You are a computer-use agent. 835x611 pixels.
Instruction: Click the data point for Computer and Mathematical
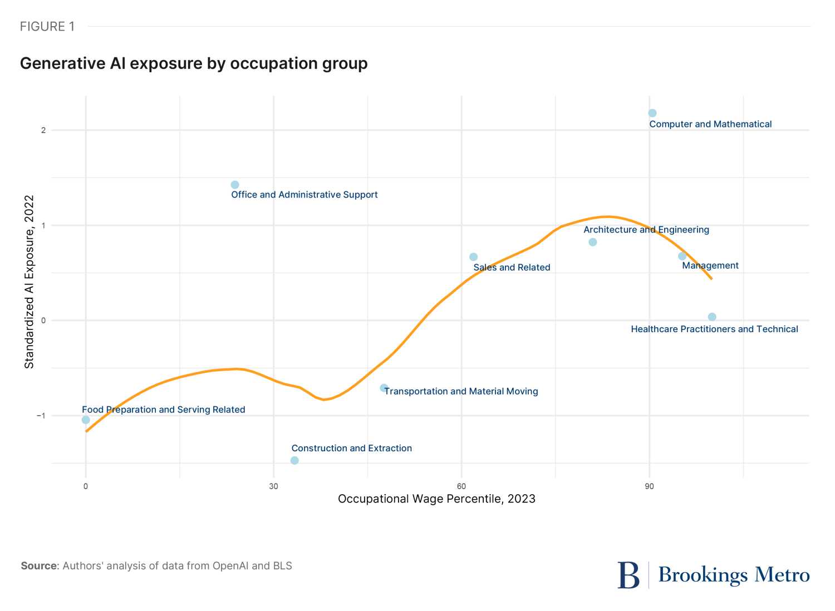pyautogui.click(x=652, y=113)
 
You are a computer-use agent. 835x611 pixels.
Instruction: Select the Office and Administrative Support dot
pyautogui.click(x=235, y=185)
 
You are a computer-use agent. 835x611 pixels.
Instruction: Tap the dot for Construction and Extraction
pyautogui.click(x=294, y=460)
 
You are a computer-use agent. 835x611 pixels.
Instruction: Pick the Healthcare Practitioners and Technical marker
pyautogui.click(x=712, y=317)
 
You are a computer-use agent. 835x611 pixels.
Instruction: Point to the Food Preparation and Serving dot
pyautogui.click(x=86, y=420)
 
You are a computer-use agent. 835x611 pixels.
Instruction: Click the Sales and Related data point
pyautogui.click(x=473, y=257)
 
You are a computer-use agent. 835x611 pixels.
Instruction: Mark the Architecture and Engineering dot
pyautogui.click(x=593, y=242)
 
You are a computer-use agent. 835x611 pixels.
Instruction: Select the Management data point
pyautogui.click(x=682, y=256)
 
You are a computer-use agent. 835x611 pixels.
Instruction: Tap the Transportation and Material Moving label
pyautogui.click(x=461, y=391)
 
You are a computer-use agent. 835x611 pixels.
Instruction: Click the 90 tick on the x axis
pyautogui.click(x=649, y=486)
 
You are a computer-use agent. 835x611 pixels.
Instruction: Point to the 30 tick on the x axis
pyautogui.click(x=273, y=486)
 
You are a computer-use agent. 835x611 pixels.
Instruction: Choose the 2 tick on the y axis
pyautogui.click(x=43, y=130)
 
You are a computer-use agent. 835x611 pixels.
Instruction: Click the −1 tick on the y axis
pyautogui.click(x=41, y=416)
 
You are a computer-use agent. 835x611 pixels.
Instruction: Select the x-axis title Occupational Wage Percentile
pyautogui.click(x=436, y=499)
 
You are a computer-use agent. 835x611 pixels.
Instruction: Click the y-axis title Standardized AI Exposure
pyautogui.click(x=30, y=282)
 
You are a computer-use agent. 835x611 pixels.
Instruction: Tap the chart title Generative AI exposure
pyautogui.click(x=194, y=63)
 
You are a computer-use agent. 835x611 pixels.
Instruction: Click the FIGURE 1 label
pyautogui.click(x=47, y=27)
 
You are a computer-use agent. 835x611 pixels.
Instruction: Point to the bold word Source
pyautogui.click(x=39, y=566)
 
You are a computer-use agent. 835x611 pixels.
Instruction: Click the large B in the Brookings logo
pyautogui.click(x=628, y=575)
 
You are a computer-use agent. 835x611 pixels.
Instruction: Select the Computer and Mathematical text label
pyautogui.click(x=710, y=124)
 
